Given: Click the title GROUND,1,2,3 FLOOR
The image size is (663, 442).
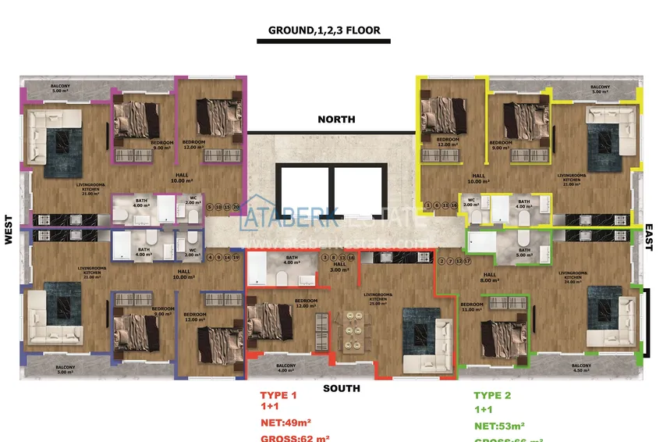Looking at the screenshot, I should point(324,30).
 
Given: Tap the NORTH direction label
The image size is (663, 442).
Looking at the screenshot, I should point(336,119).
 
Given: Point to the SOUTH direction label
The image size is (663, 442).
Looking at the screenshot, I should point(341,388).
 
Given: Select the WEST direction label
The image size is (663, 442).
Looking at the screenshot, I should point(9,230).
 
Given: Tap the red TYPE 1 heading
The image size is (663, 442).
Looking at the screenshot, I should point(278,395).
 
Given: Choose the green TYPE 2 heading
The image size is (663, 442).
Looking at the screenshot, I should point(492,395).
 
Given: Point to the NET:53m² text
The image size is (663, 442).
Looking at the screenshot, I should point(498,426).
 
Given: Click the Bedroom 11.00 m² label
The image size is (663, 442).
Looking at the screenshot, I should point(471,307).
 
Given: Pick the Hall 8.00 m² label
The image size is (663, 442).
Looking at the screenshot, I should point(490,277).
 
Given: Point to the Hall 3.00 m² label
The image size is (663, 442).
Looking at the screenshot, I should point(339,267).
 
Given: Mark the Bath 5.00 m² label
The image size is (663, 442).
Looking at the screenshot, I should point(525,253).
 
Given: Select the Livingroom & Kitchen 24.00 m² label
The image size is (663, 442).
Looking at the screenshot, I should point(574,279).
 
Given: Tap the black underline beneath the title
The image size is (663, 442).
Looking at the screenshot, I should point(323,41).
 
